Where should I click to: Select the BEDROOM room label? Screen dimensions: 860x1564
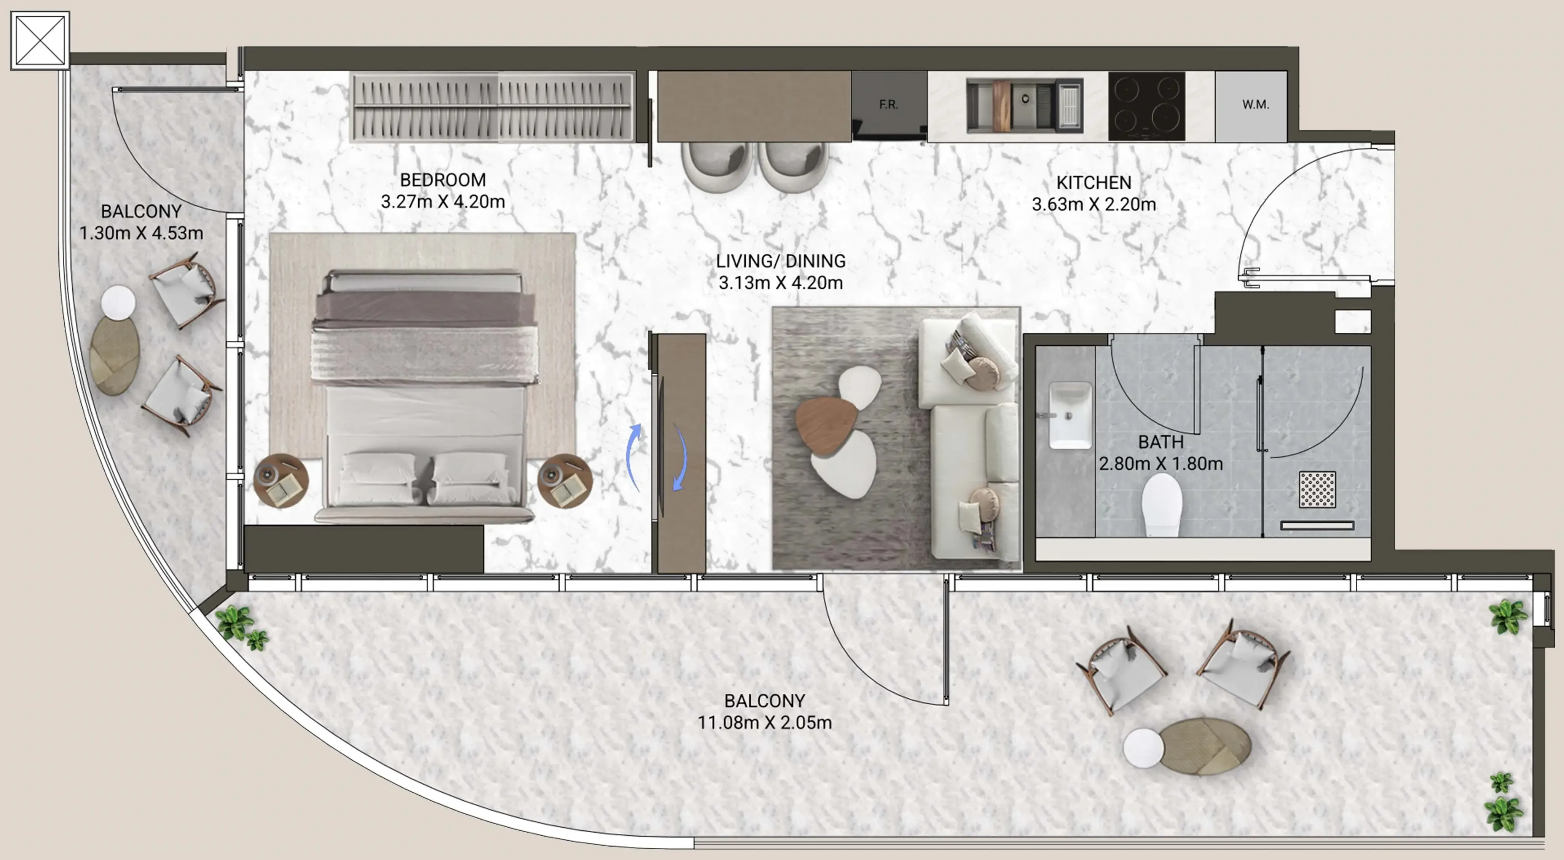coord(443,180)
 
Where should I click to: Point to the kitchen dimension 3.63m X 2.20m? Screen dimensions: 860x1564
coord(1094,205)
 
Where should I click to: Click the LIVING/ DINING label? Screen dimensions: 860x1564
coord(780,261)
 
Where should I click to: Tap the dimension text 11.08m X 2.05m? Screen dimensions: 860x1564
coord(764,722)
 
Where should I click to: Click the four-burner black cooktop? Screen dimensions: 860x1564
coord(1146,106)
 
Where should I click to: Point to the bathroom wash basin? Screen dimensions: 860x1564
coord(1070,415)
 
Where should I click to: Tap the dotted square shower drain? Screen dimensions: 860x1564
coord(1317,489)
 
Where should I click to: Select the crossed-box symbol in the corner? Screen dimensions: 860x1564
coord(40,40)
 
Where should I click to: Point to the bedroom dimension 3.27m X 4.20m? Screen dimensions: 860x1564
coord(443,202)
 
